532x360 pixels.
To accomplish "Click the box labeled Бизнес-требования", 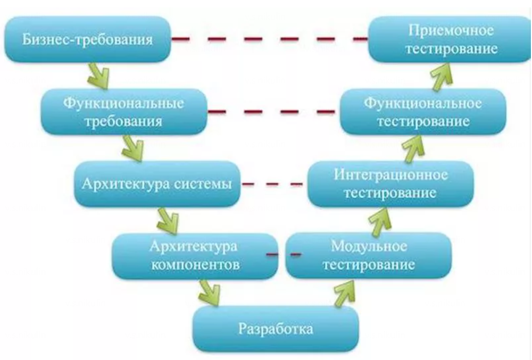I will click(x=88, y=40).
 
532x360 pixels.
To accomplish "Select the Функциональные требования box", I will click(x=123, y=112).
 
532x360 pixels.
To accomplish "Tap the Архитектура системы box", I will click(x=156, y=185).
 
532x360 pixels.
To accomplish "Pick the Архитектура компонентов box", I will click(x=195, y=256).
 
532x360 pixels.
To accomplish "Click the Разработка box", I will click(x=276, y=328).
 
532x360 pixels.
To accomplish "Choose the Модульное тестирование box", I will click(x=369, y=256).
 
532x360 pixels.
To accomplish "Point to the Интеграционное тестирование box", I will click(x=390, y=183).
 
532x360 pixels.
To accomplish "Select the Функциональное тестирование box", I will click(x=423, y=112).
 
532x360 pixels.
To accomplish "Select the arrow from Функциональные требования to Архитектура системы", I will click(x=134, y=147).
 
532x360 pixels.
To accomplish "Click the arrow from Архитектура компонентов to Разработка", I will click(x=209, y=292).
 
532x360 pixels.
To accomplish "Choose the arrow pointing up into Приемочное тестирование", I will click(x=442, y=76).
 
